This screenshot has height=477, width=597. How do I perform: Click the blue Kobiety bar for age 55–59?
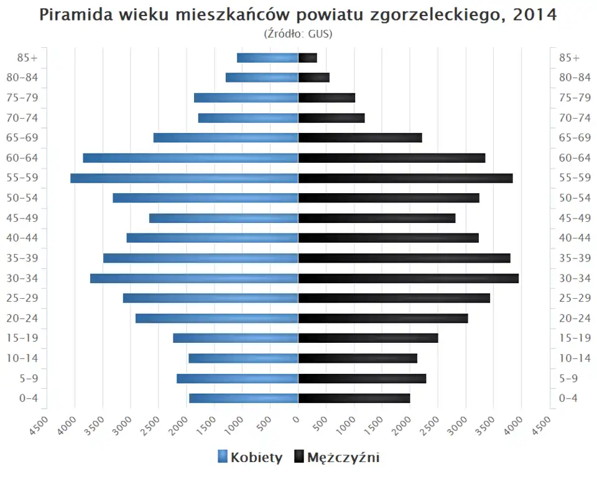click(x=184, y=178)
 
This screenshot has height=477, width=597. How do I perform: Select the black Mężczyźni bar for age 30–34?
click(x=408, y=278)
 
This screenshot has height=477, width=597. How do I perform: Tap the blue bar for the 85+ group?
click(x=267, y=58)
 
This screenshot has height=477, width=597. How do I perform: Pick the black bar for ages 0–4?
click(x=354, y=398)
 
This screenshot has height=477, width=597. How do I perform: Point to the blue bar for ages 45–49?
click(x=224, y=218)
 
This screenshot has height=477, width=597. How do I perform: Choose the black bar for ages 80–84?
click(x=313, y=78)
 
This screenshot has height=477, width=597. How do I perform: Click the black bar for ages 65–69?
click(x=360, y=138)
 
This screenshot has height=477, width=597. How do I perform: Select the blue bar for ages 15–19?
click(x=236, y=338)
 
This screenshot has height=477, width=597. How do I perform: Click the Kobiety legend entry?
click(x=250, y=458)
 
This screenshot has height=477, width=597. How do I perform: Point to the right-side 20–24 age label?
click(x=575, y=318)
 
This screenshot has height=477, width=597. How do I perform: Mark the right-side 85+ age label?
click(x=568, y=58)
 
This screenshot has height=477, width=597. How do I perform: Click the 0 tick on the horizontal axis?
click(x=297, y=419)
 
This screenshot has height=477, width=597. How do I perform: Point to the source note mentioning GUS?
click(x=298, y=34)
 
